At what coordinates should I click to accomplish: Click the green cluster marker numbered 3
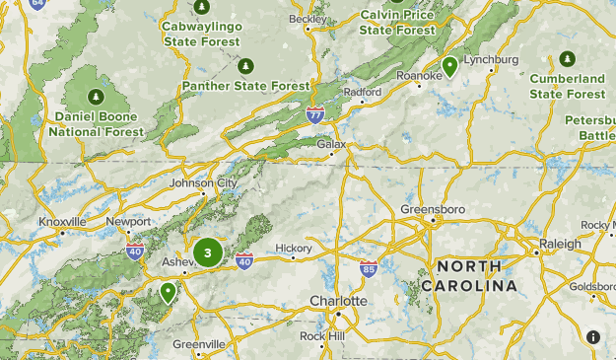[x=207, y=252]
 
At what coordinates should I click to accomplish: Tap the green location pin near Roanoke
[x=449, y=66]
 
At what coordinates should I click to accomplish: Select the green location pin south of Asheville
[x=169, y=292]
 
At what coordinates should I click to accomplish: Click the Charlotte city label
[x=338, y=300]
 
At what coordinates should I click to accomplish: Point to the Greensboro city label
[x=433, y=209]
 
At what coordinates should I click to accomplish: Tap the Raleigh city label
[x=561, y=243]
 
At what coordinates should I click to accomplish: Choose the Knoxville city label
[x=63, y=222]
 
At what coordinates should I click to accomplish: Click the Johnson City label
[x=203, y=182]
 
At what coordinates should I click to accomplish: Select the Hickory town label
[x=294, y=248]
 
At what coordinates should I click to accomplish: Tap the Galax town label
[x=332, y=144]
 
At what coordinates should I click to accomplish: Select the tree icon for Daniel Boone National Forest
[x=96, y=97]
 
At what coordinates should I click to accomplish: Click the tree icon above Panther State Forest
[x=245, y=66]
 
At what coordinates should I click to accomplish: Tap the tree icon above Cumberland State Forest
[x=567, y=58]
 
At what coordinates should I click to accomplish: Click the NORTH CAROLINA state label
[x=469, y=276]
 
